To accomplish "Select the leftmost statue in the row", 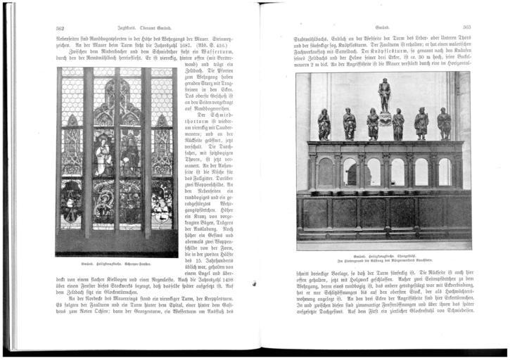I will [x=324, y=124].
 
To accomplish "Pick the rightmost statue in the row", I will [x=444, y=124].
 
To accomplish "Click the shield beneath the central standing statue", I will [x=384, y=119].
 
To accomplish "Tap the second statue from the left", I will [x=349, y=124].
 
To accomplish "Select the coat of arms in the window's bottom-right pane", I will [x=161, y=204].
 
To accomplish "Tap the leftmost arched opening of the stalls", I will [x=325, y=172].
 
